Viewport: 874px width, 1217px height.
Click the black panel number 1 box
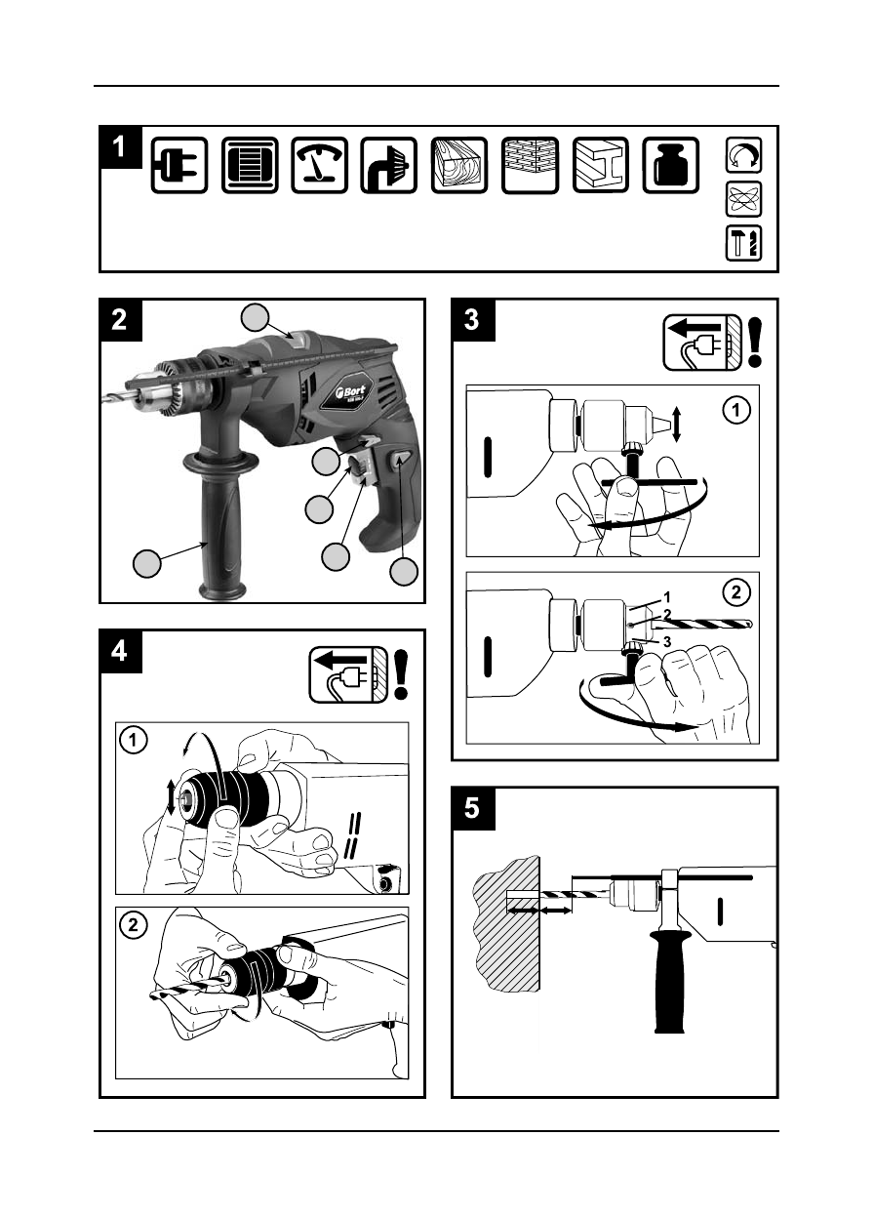click(120, 147)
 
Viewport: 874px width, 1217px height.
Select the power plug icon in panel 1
click(179, 165)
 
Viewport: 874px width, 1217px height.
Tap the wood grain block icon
click(458, 165)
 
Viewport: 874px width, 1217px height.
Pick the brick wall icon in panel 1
click(530, 165)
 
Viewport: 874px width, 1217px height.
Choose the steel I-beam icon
click(600, 165)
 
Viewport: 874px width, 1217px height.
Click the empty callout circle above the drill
click(256, 317)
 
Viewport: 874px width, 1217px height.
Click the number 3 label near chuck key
click(666, 641)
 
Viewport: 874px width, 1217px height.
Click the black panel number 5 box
click(473, 809)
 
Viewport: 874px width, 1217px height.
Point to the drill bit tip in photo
click(104, 398)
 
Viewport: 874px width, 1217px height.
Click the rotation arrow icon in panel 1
click(744, 156)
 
